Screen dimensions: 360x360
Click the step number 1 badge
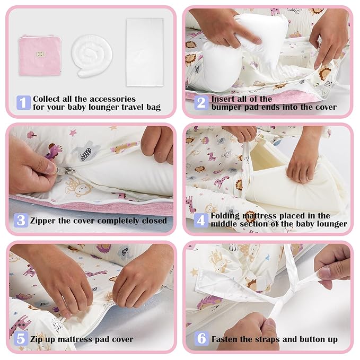pos(24,102)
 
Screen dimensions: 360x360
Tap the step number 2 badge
pos(201,102)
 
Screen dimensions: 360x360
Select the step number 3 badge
pos(21,220)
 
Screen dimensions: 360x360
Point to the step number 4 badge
pos(201,219)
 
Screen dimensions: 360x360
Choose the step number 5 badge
pos(21,338)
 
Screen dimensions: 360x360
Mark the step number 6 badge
pos(201,338)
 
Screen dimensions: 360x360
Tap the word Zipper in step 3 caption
pos(45,221)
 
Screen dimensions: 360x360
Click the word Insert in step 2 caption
pos(224,99)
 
